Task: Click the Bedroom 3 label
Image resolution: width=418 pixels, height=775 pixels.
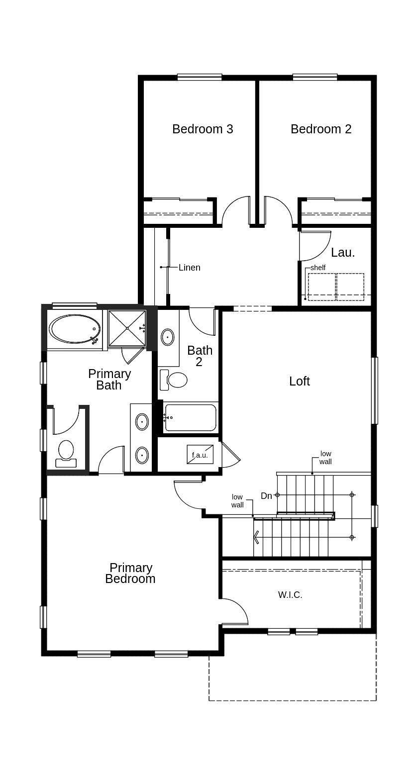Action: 203,129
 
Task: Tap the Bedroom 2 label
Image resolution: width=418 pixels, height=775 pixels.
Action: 321,129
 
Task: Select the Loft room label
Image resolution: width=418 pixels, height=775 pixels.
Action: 299,381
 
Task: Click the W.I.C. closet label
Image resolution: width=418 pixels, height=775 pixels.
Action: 290,594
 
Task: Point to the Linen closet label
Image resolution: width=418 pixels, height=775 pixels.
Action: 189,268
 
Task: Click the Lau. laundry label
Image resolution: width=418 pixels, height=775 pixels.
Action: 343,252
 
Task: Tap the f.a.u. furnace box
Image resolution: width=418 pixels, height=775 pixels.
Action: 200,455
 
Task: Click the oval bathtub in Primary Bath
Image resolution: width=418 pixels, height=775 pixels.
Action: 75,329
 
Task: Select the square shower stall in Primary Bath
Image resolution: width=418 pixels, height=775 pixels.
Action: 127,328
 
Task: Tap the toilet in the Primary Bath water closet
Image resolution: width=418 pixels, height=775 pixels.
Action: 66,452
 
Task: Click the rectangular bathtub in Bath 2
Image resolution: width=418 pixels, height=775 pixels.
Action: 191,417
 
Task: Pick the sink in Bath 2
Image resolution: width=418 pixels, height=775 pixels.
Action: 168,337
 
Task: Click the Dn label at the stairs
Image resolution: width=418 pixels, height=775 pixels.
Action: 266,496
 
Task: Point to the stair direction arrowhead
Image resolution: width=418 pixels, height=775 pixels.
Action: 256,537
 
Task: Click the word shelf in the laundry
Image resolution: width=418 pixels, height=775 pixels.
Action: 317,268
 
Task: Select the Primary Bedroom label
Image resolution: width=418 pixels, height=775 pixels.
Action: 130,573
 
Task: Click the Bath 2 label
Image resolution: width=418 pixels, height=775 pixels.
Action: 200,356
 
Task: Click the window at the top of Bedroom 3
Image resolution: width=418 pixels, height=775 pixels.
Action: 200,77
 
